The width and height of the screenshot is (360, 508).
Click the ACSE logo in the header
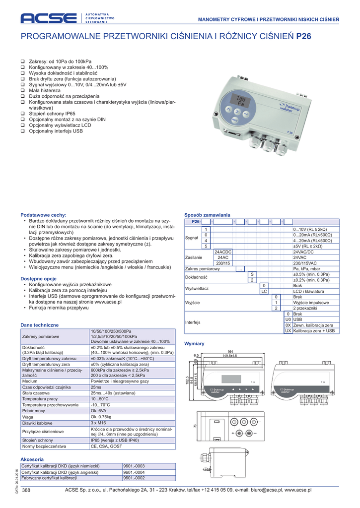[49, 18]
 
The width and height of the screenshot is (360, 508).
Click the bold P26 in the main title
[304, 36]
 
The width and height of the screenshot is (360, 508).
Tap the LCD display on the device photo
[241, 101]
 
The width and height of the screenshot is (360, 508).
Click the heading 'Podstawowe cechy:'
[43, 215]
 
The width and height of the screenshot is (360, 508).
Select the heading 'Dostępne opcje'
[38, 279]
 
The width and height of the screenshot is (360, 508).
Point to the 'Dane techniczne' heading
[39, 325]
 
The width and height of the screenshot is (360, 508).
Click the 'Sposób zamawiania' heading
[207, 215]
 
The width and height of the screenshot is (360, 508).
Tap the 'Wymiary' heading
[194, 343]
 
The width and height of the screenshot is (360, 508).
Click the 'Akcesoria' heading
[32, 459]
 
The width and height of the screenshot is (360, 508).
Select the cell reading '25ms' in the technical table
[96, 387]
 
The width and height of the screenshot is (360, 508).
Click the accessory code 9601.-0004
[134, 472]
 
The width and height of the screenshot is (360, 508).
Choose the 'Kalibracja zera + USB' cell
[314, 330]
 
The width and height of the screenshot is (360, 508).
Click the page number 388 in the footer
[27, 490]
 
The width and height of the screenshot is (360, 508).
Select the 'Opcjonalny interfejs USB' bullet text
[56, 131]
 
